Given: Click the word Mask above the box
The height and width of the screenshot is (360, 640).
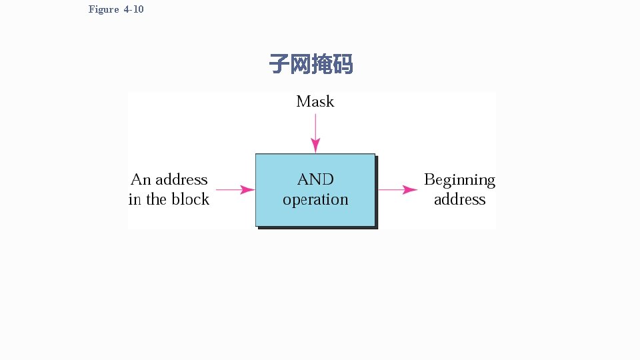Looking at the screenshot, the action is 315,102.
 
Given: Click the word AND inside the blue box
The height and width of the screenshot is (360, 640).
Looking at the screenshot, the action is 315,179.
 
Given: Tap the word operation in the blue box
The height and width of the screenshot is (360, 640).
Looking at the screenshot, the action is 315,199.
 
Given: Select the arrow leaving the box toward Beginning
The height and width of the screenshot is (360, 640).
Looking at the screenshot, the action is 398,190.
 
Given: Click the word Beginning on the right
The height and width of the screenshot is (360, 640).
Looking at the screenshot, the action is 459,180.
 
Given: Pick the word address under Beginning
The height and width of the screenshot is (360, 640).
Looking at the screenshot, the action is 459,199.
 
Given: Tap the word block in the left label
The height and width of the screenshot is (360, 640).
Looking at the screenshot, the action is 191,199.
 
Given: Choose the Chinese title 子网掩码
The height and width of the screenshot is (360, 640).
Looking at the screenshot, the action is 311,65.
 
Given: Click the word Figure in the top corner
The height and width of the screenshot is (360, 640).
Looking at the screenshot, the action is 103,9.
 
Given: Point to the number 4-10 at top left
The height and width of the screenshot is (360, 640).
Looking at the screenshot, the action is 133,9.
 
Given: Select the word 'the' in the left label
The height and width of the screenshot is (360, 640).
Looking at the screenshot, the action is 157,199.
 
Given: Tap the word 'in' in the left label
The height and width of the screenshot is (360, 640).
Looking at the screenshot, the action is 135,199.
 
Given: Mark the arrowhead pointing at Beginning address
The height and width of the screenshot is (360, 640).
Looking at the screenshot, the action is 411,190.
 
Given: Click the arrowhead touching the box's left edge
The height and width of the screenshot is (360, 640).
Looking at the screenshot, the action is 248,190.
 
